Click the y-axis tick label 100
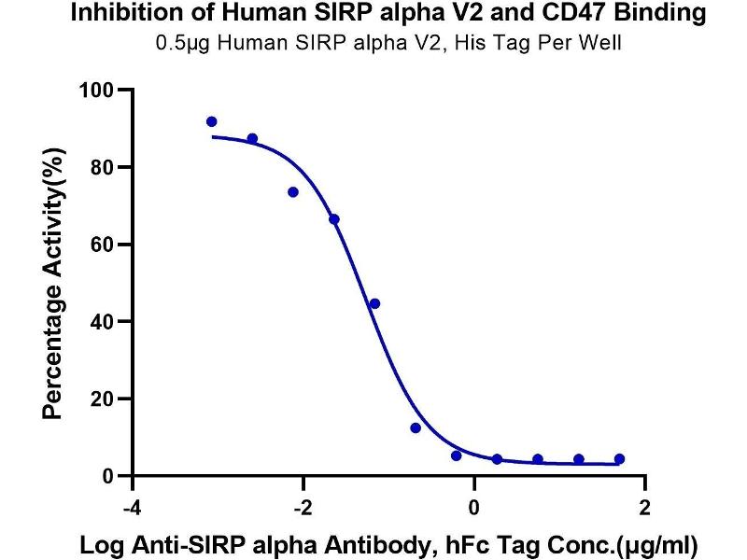(96, 91)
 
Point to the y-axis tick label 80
(102, 168)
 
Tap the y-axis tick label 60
(102, 245)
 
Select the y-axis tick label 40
(102, 322)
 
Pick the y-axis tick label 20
(102, 399)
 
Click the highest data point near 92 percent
(212, 122)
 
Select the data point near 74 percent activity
(293, 192)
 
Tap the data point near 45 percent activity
(374, 303)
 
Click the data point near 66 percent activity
(334, 219)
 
